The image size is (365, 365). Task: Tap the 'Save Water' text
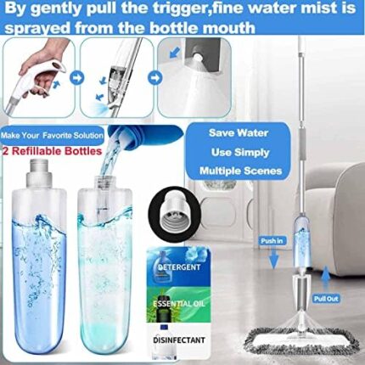click(239, 132)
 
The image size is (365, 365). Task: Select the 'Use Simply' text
click(240, 152)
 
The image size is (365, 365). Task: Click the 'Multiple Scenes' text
click(240, 171)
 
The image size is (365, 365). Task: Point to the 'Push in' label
click(272, 241)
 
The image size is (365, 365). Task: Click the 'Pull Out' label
click(326, 299)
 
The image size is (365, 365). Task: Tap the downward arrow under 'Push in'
click(273, 258)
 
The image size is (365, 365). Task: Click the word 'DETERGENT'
click(179, 267)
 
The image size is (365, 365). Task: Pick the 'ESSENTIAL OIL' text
click(179, 304)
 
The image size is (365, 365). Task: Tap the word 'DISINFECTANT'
click(179, 340)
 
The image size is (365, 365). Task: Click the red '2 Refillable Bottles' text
click(52, 151)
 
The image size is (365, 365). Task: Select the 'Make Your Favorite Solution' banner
click(53, 135)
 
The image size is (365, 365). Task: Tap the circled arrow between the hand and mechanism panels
click(77, 78)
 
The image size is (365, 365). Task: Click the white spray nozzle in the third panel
click(198, 58)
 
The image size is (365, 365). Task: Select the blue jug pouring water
click(146, 135)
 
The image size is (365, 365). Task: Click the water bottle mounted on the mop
click(302, 244)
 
